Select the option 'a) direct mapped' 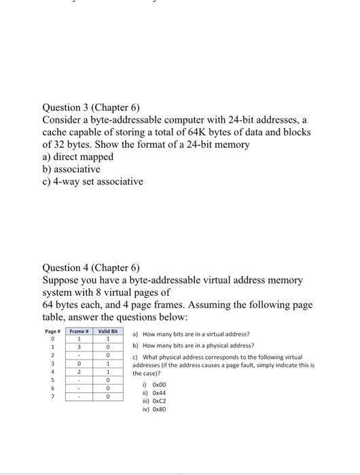77,156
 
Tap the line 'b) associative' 71,168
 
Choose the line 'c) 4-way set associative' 92,180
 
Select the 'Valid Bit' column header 107,331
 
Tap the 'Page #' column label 50,331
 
